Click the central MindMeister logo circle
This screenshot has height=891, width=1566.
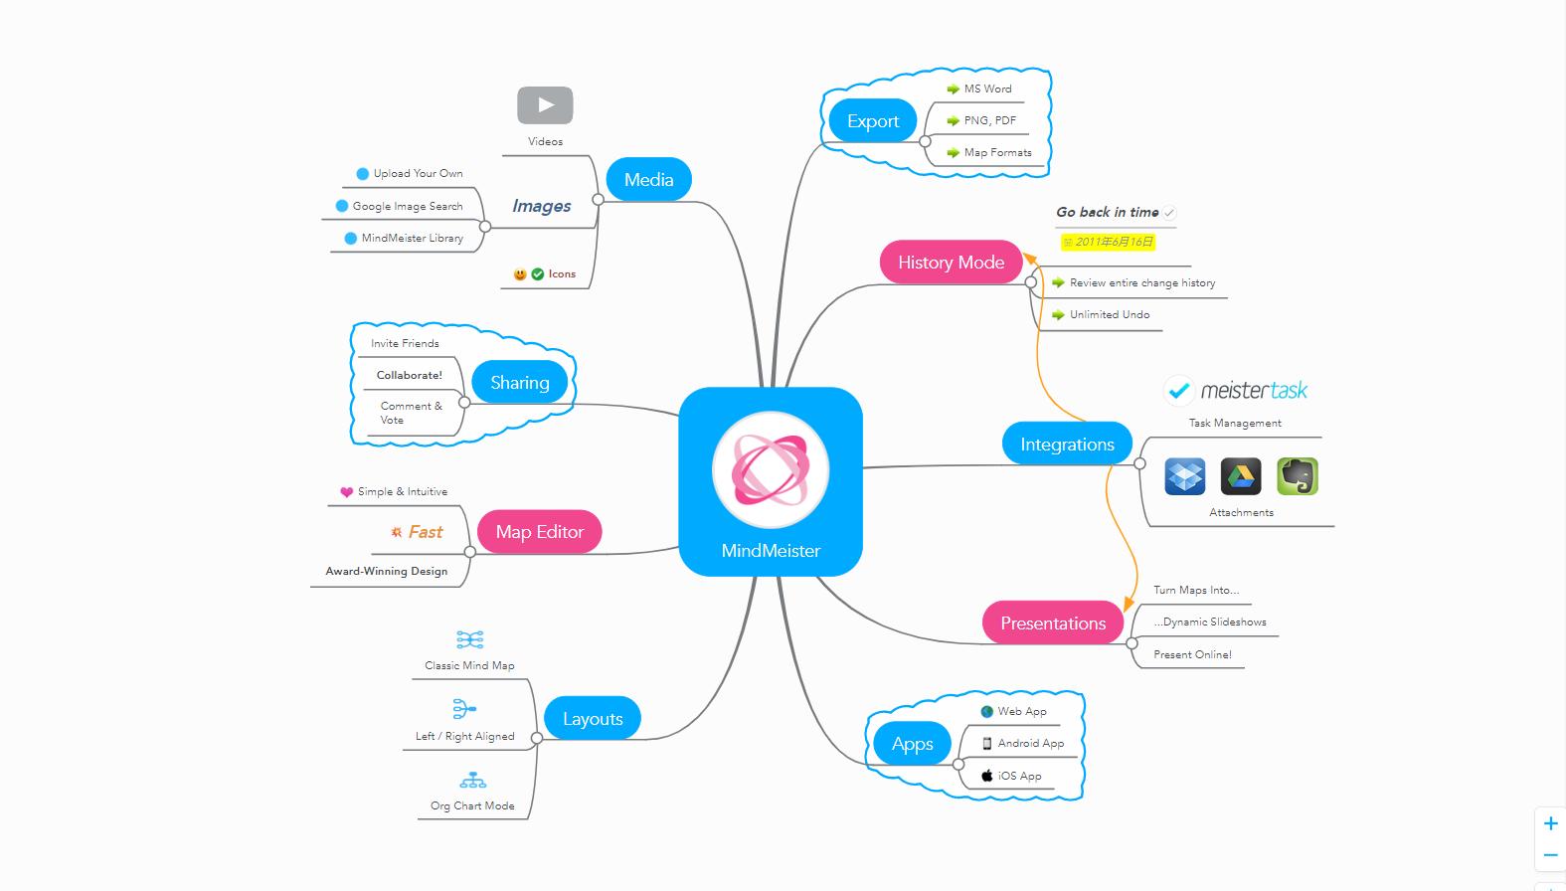(771, 469)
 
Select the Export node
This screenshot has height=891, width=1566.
(872, 121)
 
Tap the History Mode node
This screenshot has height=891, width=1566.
(951, 263)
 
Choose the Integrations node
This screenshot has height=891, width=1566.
(1067, 445)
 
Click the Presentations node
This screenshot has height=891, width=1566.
(1053, 624)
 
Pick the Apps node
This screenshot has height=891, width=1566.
(912, 744)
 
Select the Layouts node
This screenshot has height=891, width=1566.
(593, 719)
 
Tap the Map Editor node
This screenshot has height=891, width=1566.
(539, 532)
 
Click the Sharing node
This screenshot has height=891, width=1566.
(519, 383)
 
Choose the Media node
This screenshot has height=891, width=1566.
(648, 180)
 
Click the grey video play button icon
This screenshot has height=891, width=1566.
(545, 105)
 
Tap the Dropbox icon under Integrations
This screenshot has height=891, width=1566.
(1184, 476)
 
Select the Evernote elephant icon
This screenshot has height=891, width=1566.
(1297, 476)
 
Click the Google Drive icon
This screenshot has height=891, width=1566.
(1240, 476)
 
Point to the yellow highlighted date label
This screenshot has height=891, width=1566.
(1108, 242)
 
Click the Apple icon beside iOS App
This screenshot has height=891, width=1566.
(986, 776)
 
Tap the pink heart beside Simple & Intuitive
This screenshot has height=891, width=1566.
(346, 492)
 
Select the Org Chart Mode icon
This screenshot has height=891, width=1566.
(472, 780)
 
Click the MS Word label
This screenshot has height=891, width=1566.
(987, 89)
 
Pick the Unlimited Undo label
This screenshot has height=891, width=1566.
(1109, 315)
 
